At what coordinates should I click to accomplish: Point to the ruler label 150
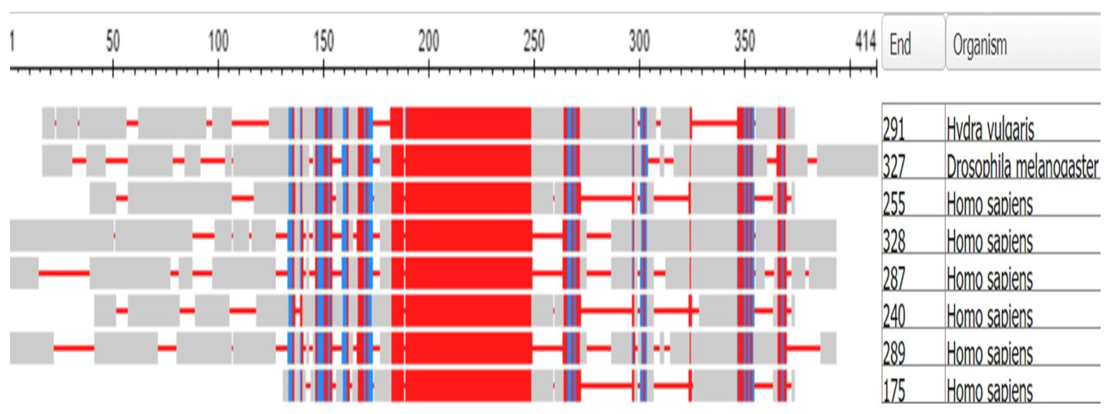(x=323, y=42)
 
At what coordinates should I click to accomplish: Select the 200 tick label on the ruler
(x=429, y=42)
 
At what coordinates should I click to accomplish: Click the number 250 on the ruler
(x=534, y=42)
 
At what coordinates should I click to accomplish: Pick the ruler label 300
(x=639, y=42)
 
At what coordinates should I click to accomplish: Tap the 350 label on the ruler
(x=744, y=42)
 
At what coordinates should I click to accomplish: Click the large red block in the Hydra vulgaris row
(x=468, y=123)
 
